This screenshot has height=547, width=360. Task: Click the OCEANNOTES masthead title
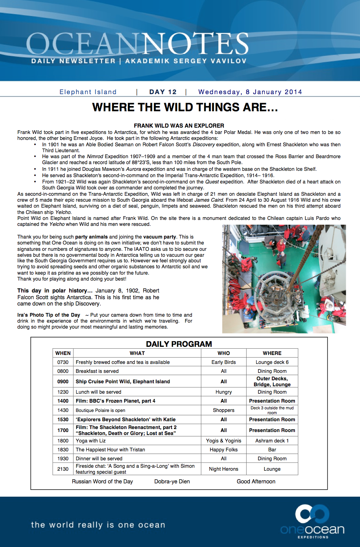[137, 44]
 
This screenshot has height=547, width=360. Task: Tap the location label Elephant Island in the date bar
[88, 92]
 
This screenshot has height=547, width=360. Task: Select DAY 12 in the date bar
[163, 92]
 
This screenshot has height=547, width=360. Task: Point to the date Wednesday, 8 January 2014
[250, 92]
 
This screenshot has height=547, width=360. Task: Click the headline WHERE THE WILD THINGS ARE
[185, 108]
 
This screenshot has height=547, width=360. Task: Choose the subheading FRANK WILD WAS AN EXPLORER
[179, 126]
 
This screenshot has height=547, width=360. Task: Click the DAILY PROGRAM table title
[179, 344]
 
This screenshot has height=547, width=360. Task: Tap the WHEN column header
[63, 353]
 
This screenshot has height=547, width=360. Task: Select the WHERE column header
[272, 353]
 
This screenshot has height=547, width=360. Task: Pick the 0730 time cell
[63, 362]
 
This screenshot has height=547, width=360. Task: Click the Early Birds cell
[224, 362]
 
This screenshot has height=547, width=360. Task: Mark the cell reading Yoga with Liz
[91, 441]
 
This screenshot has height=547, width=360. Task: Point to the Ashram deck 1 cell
[272, 441]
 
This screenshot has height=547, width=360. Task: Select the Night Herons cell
[224, 469]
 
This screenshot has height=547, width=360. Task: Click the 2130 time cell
[63, 469]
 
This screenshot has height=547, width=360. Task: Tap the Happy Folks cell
[224, 450]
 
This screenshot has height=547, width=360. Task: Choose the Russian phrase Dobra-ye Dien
[172, 482]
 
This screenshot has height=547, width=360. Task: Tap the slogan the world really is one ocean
[98, 525]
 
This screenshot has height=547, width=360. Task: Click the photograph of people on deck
[284, 279]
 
